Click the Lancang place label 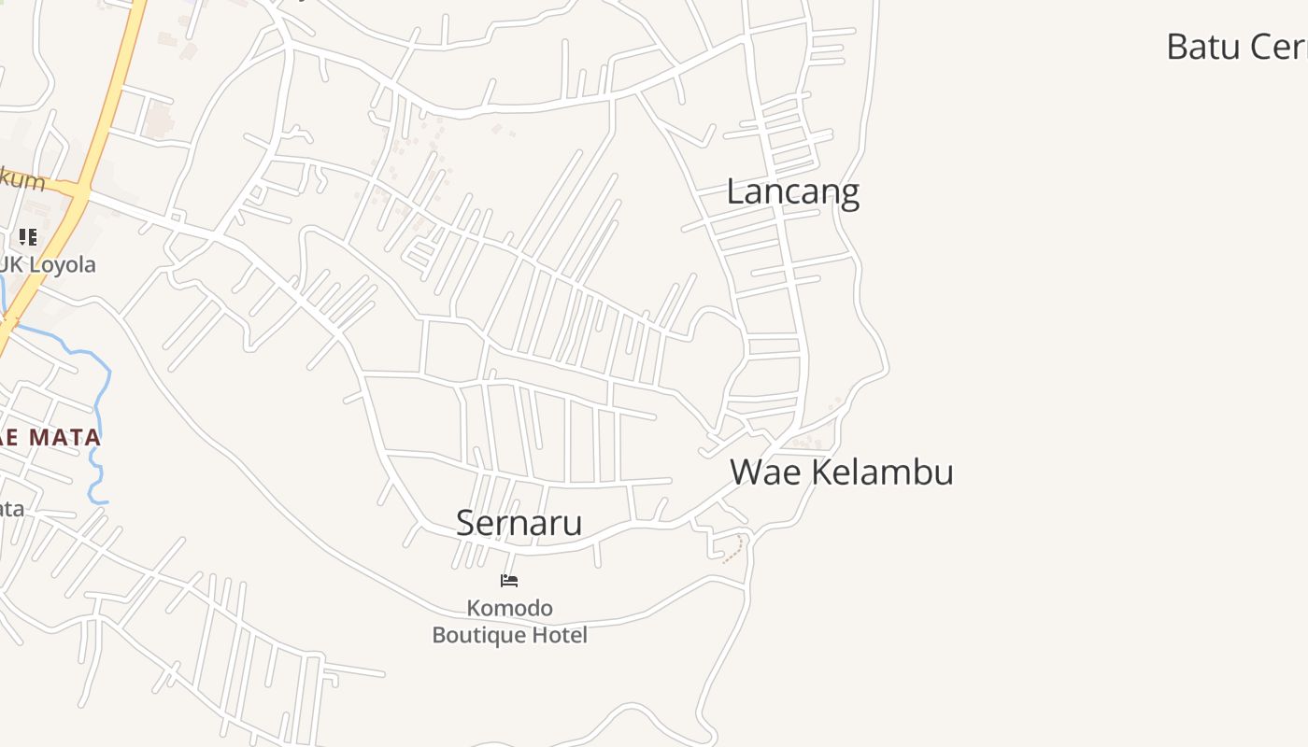[792, 192]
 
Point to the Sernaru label [519, 523]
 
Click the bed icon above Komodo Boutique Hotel [509, 581]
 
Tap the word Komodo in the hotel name [510, 609]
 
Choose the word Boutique [476, 636]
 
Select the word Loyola [61, 265]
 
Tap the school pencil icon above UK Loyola [28, 237]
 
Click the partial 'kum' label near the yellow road [22, 179]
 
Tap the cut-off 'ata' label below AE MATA [11, 509]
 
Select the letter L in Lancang [735, 192]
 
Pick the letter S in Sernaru [465, 523]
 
